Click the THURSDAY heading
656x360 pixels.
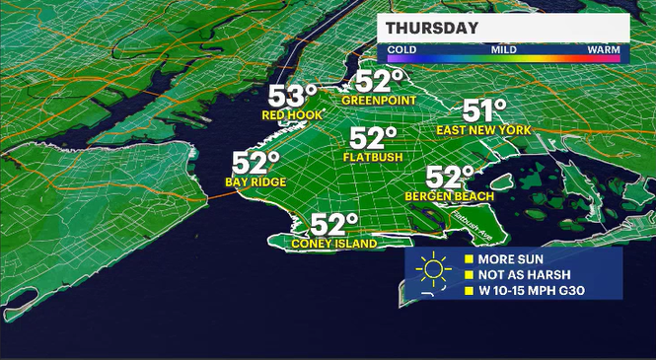pos(432,28)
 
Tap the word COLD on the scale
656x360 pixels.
pos(401,47)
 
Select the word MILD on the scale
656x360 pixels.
pos(504,47)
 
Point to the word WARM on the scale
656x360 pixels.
pos(603,47)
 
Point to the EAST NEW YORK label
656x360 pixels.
pos(489,130)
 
